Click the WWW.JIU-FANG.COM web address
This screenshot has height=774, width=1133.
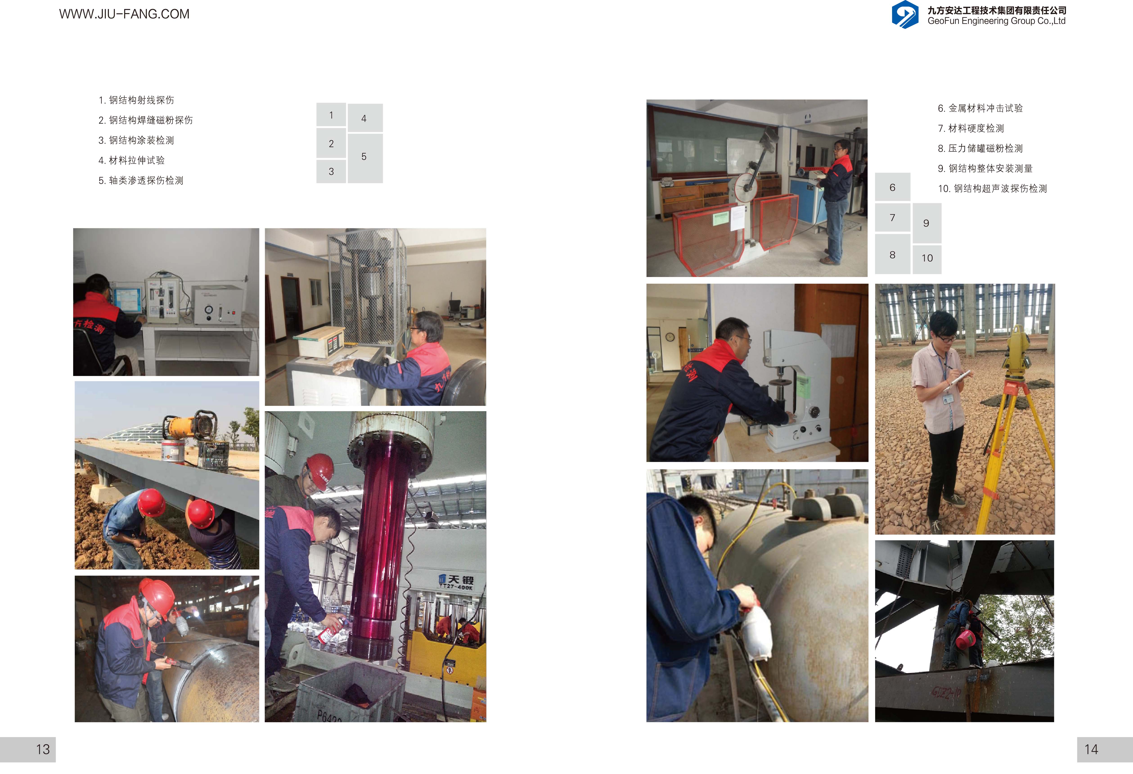(x=124, y=14)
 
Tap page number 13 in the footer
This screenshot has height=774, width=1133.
(x=43, y=749)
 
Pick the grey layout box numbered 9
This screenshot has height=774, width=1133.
(x=927, y=223)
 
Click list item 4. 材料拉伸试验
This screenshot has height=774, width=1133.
(x=132, y=160)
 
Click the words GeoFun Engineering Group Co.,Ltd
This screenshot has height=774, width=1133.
(x=996, y=21)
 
